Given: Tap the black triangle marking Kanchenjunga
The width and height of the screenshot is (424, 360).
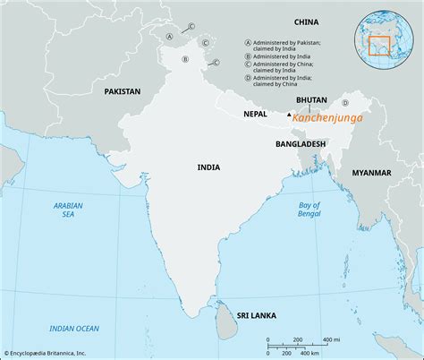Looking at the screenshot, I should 288,116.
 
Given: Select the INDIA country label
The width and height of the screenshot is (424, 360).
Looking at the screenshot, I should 209,167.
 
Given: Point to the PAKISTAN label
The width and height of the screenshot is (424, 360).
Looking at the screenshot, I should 122,91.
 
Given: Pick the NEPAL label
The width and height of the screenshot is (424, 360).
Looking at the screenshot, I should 257,114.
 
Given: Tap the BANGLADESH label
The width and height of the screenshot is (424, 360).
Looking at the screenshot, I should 300,143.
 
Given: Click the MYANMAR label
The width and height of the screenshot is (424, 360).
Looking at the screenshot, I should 372,171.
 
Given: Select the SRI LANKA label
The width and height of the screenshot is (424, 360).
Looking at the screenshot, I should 257,316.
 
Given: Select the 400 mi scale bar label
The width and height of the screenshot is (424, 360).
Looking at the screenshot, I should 330,339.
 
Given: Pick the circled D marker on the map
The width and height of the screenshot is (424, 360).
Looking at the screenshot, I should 344,128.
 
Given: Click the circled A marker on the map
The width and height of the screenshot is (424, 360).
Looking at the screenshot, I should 169,38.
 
